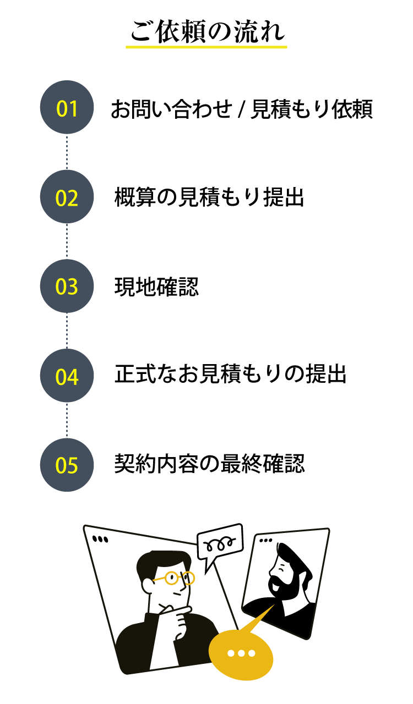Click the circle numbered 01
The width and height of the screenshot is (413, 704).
pos(67,107)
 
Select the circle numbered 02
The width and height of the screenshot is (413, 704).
pos(67,196)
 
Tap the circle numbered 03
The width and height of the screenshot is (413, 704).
pos(67,286)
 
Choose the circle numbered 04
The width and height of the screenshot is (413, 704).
pos(67,376)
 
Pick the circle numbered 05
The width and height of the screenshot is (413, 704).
pos(67,465)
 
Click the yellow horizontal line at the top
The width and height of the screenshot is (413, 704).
pos(206,47)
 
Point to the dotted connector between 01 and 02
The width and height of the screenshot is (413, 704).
pos(67,152)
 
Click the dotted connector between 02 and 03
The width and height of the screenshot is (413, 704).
pos(67,241)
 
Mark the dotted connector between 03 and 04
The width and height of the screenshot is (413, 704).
pos(67,331)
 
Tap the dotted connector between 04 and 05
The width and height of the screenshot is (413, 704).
pos(67,420)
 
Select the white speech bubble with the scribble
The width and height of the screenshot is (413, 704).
pos(220,542)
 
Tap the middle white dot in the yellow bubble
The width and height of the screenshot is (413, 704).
pos(241,653)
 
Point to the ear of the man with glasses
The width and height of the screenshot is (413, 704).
pos(148,585)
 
